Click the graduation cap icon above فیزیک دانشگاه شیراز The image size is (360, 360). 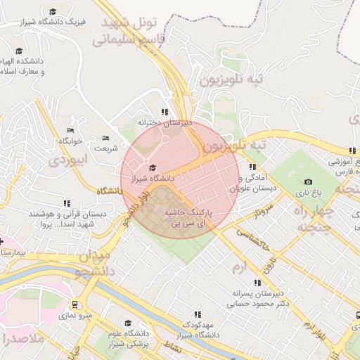click(x=53, y=11)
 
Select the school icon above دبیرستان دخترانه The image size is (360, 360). click(x=165, y=112)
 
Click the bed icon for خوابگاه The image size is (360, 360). click(x=70, y=130)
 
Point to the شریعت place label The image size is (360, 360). click(x=106, y=148)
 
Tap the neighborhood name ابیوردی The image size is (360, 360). click(x=69, y=161)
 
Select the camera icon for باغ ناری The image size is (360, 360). click(x=308, y=182)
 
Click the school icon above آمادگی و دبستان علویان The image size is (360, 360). click(x=252, y=167)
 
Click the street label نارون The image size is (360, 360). click(x=271, y=261)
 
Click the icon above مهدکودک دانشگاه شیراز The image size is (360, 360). click(x=198, y=314)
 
